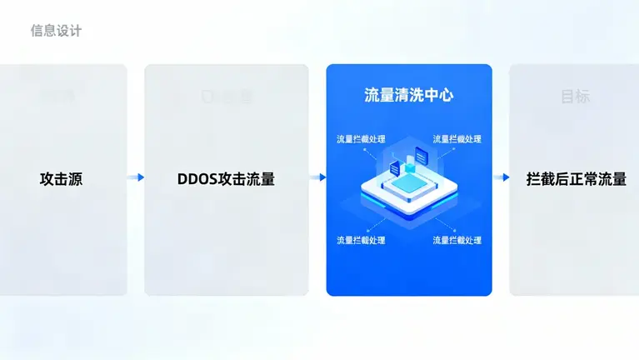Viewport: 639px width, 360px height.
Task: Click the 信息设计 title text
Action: (57, 31)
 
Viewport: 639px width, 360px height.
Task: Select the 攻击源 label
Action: (61, 178)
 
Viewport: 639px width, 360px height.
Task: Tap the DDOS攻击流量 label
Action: (226, 178)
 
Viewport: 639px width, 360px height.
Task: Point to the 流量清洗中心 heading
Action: (408, 95)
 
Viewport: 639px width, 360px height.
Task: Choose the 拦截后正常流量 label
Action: (576, 178)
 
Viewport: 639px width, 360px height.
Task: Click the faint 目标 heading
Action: (575, 97)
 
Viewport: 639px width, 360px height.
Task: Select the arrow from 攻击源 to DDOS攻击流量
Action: (136, 177)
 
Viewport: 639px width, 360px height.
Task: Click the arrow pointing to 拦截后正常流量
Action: (501, 177)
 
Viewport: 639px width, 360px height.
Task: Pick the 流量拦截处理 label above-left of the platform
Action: (361, 139)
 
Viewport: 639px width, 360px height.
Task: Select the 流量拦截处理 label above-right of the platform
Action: (457, 139)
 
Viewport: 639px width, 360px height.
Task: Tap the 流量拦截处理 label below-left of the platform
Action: (361, 240)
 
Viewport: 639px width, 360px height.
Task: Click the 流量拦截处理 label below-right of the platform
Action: (457, 240)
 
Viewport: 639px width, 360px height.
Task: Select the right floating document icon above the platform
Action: (422, 155)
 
